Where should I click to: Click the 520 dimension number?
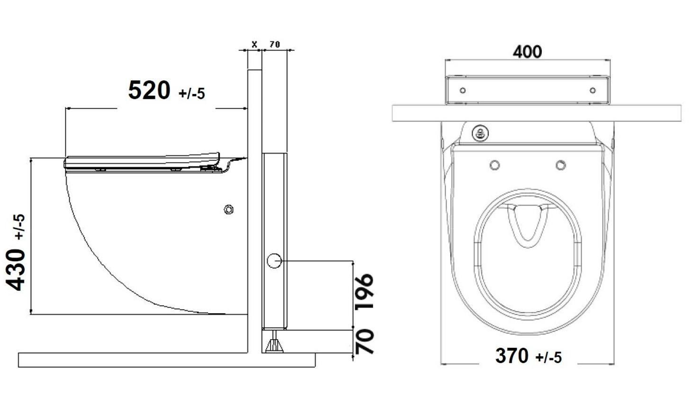click(x=149, y=90)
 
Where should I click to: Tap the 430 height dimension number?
click(x=16, y=270)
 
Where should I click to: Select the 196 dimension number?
click(x=364, y=292)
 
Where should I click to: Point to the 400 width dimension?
click(x=527, y=52)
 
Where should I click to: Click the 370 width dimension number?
click(x=512, y=356)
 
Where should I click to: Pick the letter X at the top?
click(x=254, y=44)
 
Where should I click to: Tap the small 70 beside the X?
click(x=275, y=44)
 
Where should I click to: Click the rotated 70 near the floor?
click(x=364, y=342)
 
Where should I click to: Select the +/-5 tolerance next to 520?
click(x=192, y=94)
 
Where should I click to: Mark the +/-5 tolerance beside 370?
click(x=549, y=358)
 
